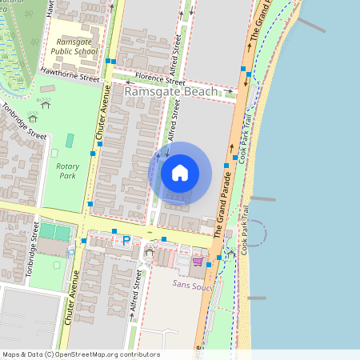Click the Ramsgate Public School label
tap(74, 46)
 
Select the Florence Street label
tap(159, 81)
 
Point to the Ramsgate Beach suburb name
tap(171, 93)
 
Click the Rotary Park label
tap(67, 170)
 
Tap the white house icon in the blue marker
tap(180, 172)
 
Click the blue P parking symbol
tap(125, 239)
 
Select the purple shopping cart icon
tap(198, 261)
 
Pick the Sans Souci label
tap(191, 283)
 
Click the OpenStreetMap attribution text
tap(81, 354)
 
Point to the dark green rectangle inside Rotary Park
tap(70, 141)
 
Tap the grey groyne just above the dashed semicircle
tap(263, 198)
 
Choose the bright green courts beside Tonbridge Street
tap(55, 232)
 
